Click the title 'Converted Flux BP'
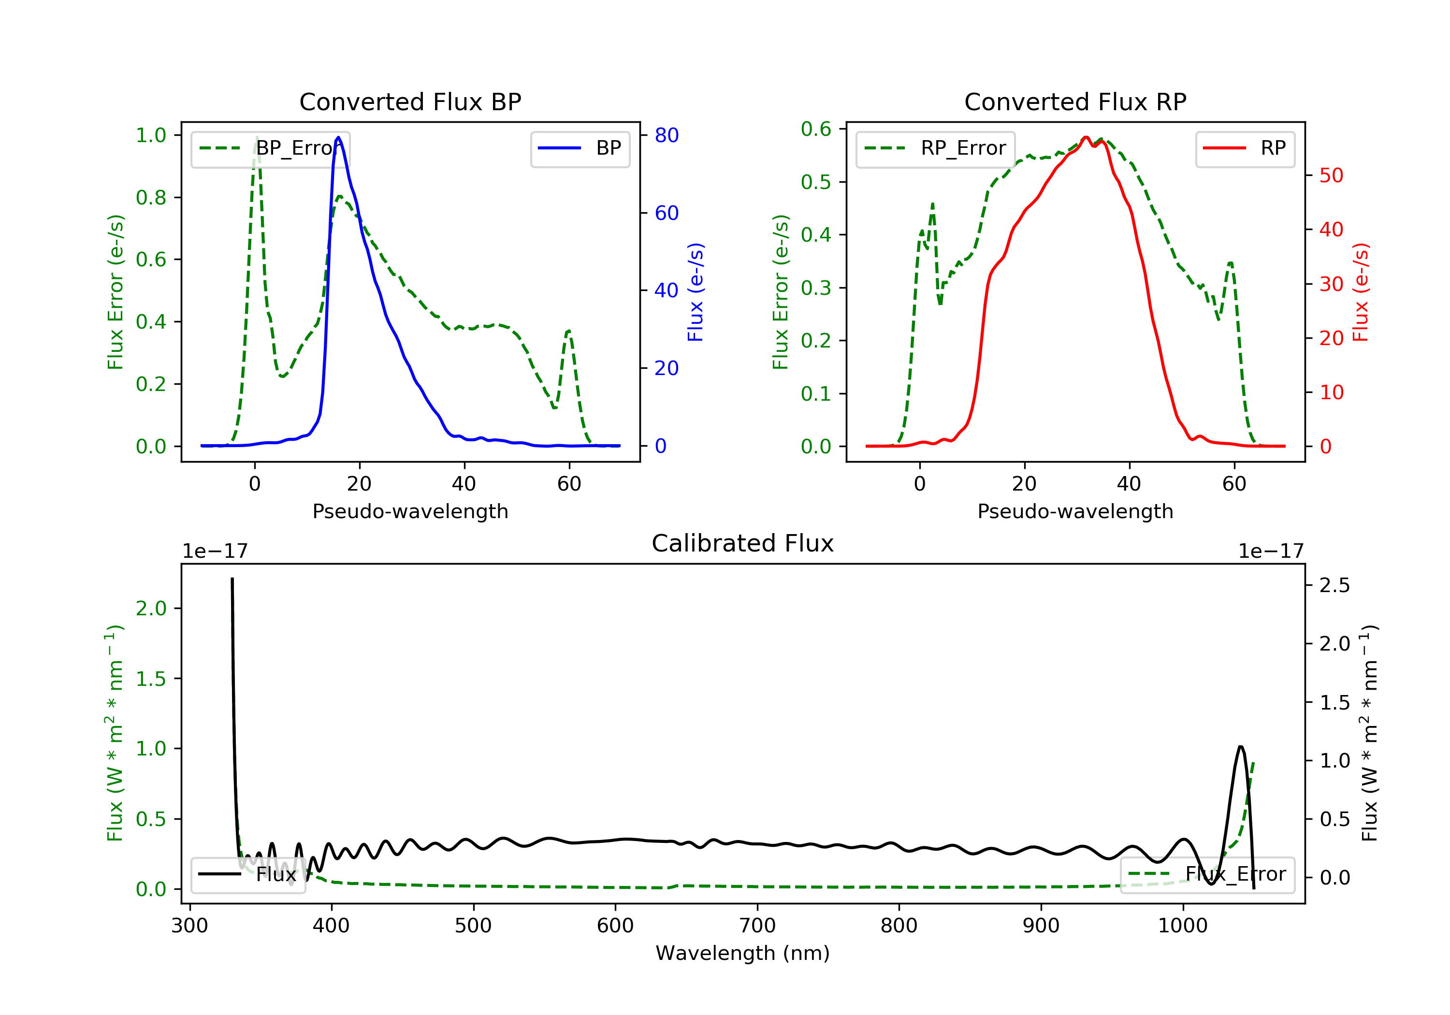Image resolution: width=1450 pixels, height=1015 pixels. [x=410, y=101]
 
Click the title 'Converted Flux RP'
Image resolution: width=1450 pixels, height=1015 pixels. [x=1075, y=101]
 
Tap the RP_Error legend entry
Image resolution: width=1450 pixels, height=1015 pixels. [x=935, y=148]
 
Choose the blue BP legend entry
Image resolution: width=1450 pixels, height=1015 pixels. [x=580, y=148]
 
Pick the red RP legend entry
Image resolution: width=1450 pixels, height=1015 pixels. [x=1244, y=148]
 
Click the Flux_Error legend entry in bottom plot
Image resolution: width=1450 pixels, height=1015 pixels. [x=1207, y=874]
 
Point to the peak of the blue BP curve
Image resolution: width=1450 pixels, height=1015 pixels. [x=338, y=138]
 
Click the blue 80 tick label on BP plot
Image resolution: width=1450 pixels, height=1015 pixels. [x=666, y=135]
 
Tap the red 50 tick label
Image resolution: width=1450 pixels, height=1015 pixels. [x=1331, y=175]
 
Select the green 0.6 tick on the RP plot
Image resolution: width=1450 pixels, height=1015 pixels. [x=816, y=129]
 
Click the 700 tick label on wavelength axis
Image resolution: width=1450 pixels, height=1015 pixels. [x=757, y=926]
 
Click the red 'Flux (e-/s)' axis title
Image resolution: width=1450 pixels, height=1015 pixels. [x=1360, y=292]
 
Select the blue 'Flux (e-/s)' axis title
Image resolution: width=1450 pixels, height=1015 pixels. [x=696, y=292]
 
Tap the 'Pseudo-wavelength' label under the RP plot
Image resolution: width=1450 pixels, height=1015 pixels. [x=1075, y=511]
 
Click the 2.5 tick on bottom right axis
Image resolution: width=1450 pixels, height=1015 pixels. [x=1334, y=585]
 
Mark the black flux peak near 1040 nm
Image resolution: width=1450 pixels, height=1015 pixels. [x=1240, y=747]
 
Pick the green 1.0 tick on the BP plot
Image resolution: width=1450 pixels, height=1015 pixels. [x=151, y=135]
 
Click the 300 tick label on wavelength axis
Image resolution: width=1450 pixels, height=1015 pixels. [x=189, y=926]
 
